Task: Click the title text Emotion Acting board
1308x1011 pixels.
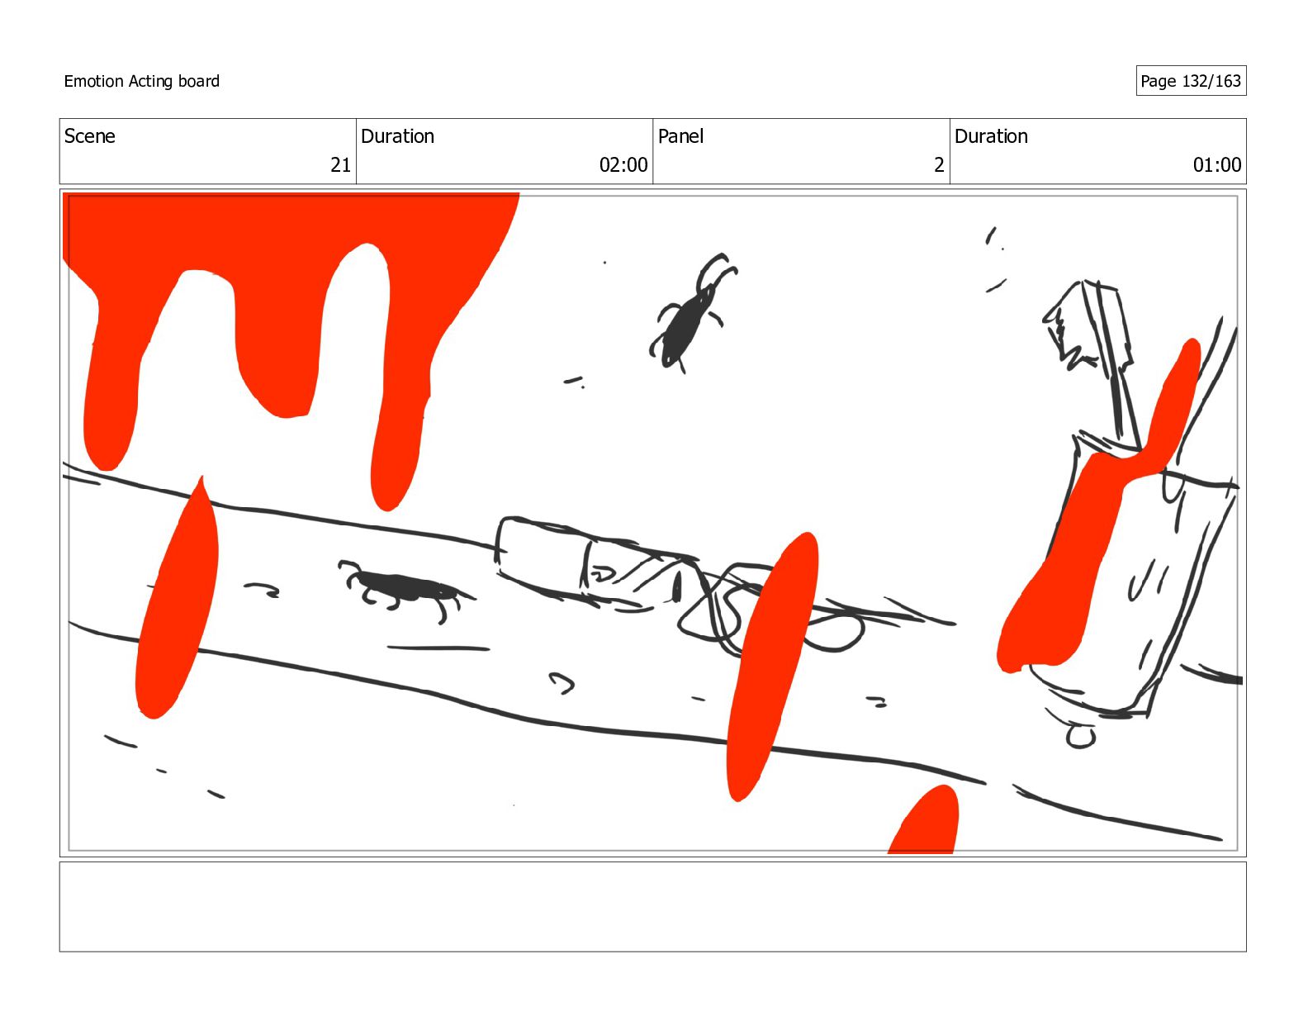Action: pos(141,81)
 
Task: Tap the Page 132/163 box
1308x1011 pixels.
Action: pos(1191,81)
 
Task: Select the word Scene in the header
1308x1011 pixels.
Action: pos(90,136)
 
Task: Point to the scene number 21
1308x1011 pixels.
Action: pos(341,164)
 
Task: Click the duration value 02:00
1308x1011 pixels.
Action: pos(623,164)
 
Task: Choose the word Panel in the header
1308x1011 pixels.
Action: pos(680,136)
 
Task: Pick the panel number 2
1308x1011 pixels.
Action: pos(939,164)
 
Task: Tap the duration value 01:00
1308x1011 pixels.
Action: pos(1217,164)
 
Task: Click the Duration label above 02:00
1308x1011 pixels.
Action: pos(397,136)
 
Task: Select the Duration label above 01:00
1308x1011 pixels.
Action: pos(991,136)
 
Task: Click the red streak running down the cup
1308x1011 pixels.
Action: pos(1083,542)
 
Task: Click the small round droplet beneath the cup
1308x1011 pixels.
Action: pos(1080,737)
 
